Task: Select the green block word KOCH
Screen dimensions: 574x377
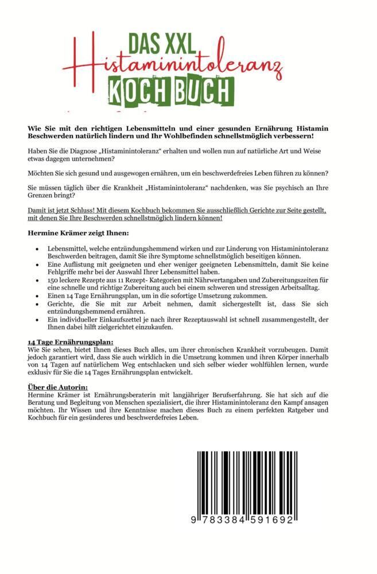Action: click(x=142, y=91)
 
